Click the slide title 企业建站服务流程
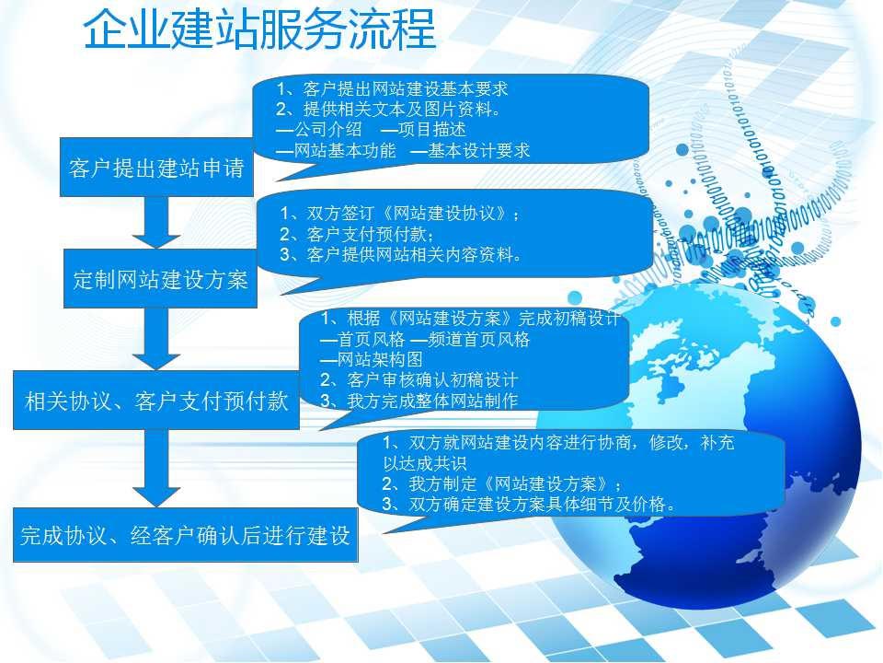(x=259, y=29)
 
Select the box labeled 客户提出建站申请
(x=156, y=167)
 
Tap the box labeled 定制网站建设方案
(x=160, y=278)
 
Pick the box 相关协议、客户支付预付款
(x=156, y=401)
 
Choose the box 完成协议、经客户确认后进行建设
(x=186, y=534)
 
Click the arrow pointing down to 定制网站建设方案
(x=156, y=222)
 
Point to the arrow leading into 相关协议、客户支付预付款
(x=156, y=339)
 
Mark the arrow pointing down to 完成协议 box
(x=156, y=468)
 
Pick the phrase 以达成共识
(x=425, y=463)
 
